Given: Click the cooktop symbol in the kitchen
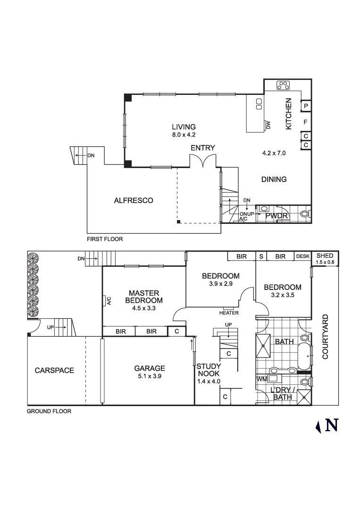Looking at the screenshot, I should click(x=283, y=85).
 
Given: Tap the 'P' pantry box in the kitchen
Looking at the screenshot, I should click(x=306, y=106).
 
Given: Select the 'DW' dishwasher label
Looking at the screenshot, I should click(x=268, y=125).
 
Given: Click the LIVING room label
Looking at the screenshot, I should click(x=184, y=127).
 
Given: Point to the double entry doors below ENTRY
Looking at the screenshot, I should click(x=203, y=161).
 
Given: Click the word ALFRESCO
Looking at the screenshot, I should click(x=134, y=200).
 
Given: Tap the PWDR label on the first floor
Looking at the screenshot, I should click(x=274, y=216).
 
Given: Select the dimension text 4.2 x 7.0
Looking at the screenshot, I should click(x=274, y=153).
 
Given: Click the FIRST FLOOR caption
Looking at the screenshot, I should click(x=105, y=239).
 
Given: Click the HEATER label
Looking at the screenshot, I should click(x=229, y=313).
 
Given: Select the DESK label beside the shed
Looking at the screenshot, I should click(x=302, y=256).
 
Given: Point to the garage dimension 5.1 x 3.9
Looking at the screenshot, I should click(x=149, y=376).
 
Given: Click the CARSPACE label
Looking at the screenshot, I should click(x=54, y=370).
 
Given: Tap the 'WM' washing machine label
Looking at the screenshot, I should click(x=260, y=379).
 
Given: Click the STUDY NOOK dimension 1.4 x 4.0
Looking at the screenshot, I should click(x=209, y=381).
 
